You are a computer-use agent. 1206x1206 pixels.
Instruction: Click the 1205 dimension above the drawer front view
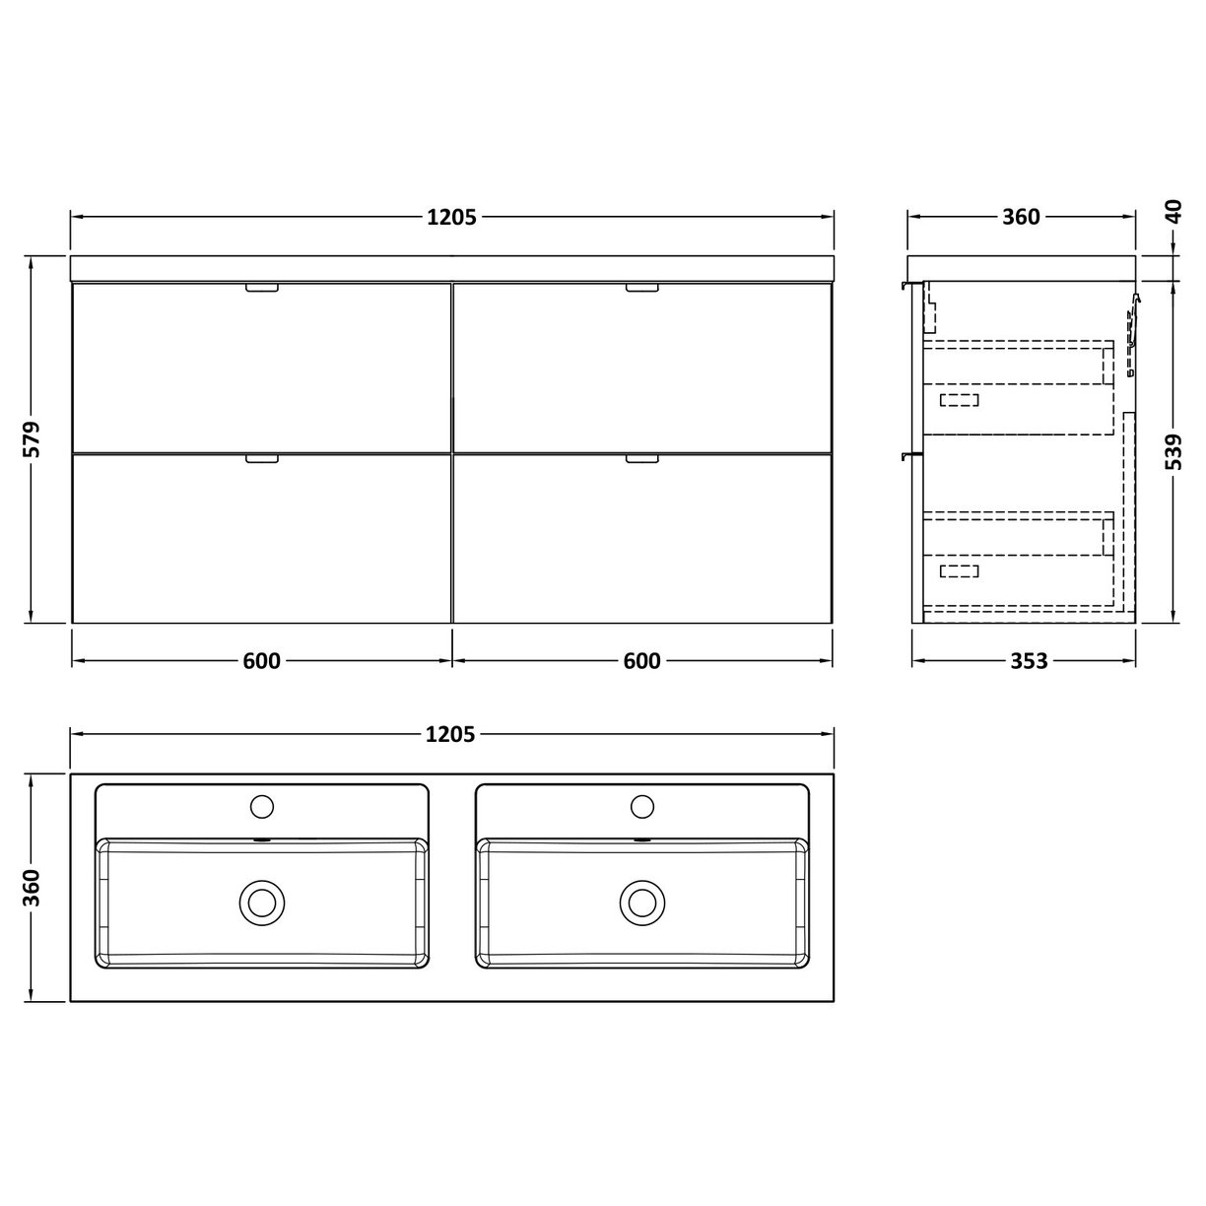tap(451, 218)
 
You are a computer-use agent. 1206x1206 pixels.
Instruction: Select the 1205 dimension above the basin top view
tap(451, 734)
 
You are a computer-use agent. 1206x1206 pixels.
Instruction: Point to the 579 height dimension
tap(32, 439)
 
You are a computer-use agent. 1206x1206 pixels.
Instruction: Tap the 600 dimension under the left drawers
tap(261, 661)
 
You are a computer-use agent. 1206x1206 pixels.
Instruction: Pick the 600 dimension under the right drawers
tap(641, 661)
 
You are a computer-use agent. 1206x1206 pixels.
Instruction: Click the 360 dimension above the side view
tap(1021, 217)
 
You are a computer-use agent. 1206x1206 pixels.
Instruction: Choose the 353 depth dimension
tap(1028, 661)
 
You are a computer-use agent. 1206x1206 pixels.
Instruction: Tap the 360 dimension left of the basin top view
tap(32, 888)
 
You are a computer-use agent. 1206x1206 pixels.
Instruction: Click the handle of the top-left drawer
tap(262, 289)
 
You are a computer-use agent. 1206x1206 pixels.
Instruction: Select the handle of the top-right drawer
tap(641, 289)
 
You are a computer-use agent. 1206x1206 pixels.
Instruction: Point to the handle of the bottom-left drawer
tap(262, 458)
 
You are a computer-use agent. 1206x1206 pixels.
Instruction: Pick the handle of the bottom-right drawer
tap(641, 458)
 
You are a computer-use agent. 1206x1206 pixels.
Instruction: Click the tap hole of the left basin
tap(262, 807)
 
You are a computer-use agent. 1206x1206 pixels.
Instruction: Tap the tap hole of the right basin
tap(641, 807)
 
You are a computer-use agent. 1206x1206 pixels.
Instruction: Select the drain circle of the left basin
tap(262, 901)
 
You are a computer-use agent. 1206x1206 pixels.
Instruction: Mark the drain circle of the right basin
tap(641, 901)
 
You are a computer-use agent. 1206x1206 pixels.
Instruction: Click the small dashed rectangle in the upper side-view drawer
tap(960, 399)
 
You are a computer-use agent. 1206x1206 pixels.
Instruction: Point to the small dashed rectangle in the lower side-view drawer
tap(960, 570)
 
